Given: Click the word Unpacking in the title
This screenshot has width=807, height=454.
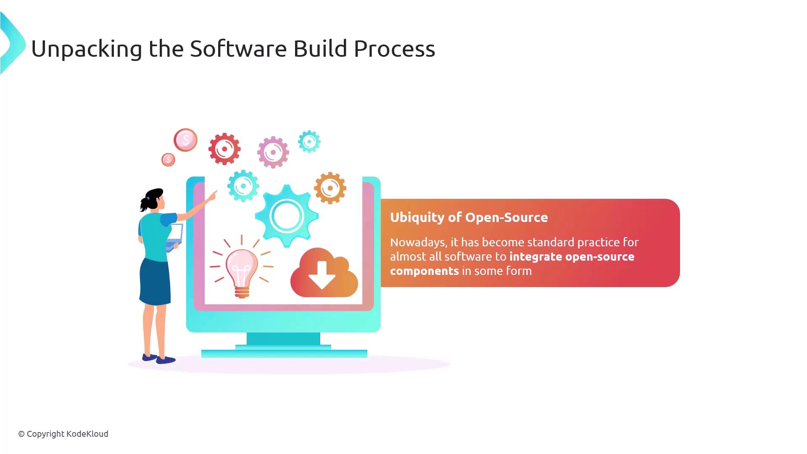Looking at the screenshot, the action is [x=87, y=49].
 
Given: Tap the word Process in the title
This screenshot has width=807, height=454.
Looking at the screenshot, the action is [x=394, y=48].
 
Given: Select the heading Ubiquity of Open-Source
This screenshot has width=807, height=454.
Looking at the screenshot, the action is [x=469, y=217].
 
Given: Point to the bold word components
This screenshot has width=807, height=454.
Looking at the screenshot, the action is [x=424, y=271].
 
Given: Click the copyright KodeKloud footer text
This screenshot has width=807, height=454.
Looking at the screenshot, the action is [x=63, y=434].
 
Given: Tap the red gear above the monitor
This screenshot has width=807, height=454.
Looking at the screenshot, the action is [x=224, y=149].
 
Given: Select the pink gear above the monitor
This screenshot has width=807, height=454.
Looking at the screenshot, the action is [x=273, y=152].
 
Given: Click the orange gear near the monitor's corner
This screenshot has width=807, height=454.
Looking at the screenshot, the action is [x=330, y=188].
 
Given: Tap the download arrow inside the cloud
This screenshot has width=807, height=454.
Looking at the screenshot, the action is [x=322, y=275].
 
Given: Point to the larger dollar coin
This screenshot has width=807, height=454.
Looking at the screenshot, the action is [x=185, y=140].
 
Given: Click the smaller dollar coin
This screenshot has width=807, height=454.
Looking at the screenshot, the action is [x=168, y=159].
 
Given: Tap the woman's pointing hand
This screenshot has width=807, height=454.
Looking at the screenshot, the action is [x=212, y=196].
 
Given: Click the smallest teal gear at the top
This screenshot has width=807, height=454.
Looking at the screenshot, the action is [x=309, y=142].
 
